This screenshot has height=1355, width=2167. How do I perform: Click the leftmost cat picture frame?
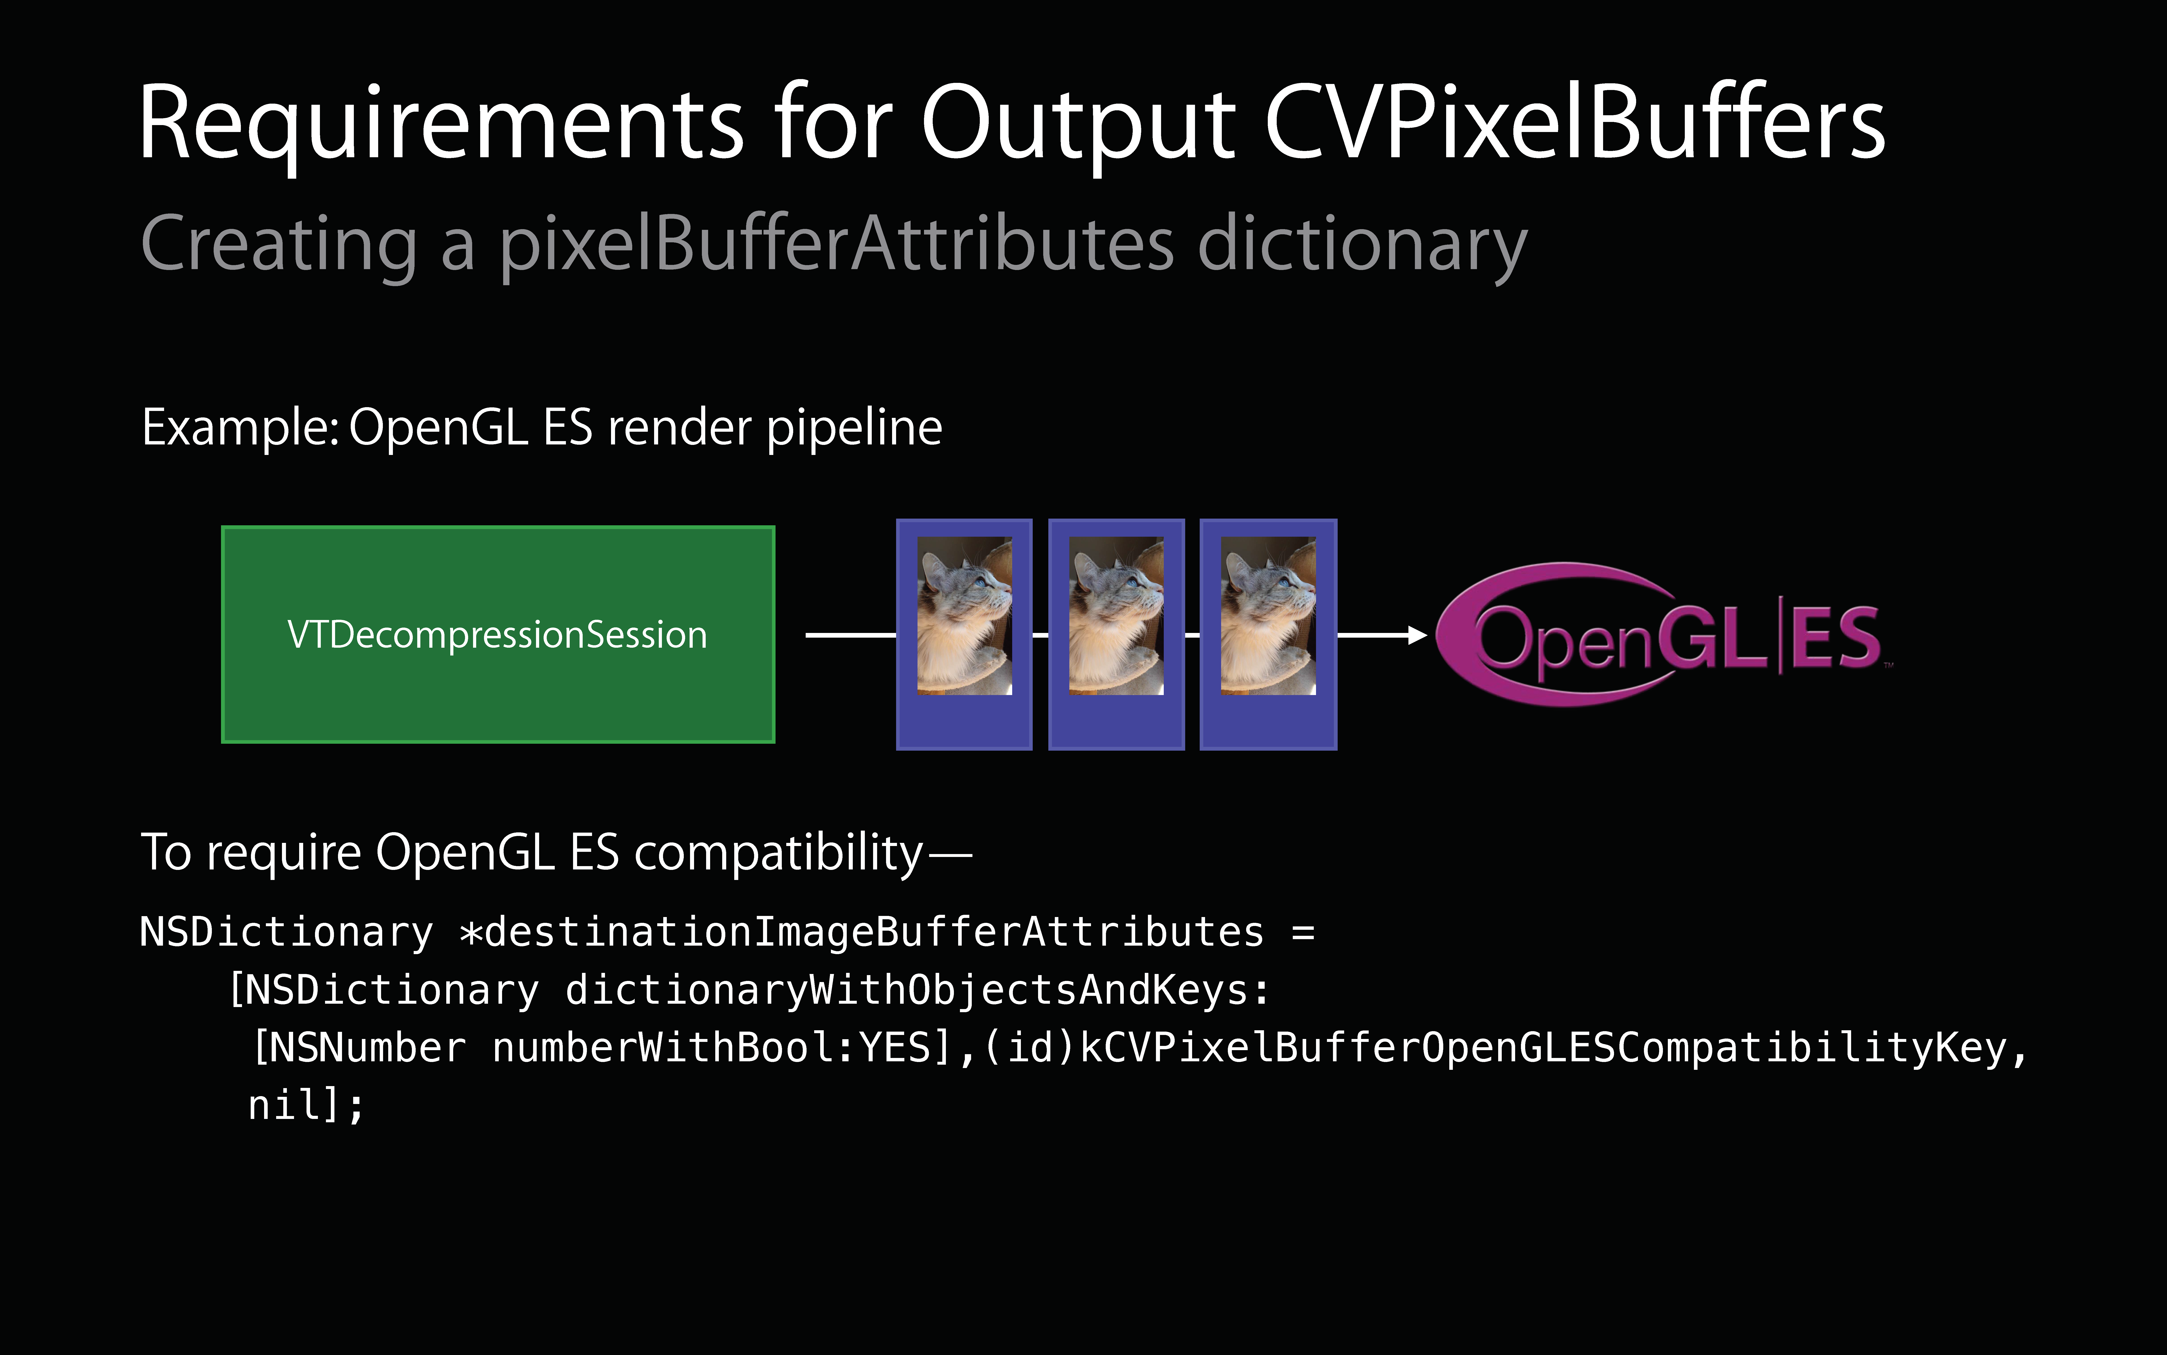[x=964, y=635]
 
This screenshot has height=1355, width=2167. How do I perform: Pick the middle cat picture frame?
[x=1116, y=635]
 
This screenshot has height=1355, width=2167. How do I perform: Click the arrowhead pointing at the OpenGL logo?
[x=1417, y=635]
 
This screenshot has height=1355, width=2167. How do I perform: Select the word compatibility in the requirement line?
[x=778, y=853]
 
